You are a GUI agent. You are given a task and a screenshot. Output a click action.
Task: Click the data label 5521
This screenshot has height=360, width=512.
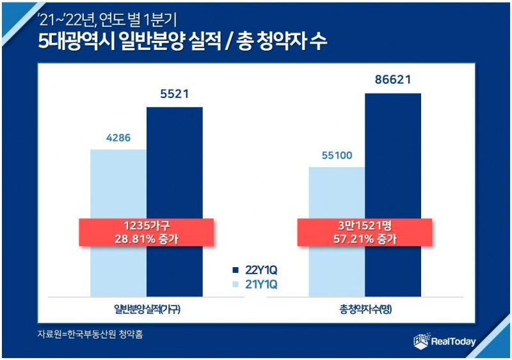click(174, 95)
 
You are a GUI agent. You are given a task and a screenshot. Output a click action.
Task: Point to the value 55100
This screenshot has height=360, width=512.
click(337, 155)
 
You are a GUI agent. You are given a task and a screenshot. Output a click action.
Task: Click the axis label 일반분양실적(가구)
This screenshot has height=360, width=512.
click(146, 309)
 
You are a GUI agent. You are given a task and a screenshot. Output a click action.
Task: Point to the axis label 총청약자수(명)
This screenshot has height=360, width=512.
click(365, 309)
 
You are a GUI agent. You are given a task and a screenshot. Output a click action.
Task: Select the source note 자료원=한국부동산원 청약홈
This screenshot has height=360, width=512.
click(90, 334)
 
